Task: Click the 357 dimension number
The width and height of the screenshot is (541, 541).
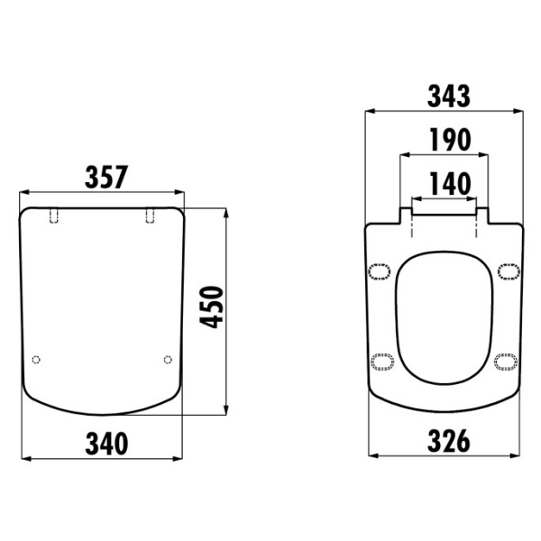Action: pos(106,178)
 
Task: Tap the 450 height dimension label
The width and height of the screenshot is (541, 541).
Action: pos(212,307)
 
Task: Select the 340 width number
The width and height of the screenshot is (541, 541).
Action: pos(106,444)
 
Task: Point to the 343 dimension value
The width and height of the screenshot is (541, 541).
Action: pos(448,96)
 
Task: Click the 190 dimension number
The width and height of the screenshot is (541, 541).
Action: pos(450,140)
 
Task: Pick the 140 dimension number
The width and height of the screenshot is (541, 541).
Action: pos(450,184)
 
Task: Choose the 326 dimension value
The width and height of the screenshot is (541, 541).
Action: pos(448,441)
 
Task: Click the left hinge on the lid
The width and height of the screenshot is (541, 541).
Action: pos(54,215)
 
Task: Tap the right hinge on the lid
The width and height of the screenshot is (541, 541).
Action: pos(150,215)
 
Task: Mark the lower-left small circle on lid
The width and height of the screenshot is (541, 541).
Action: pos(36,360)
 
